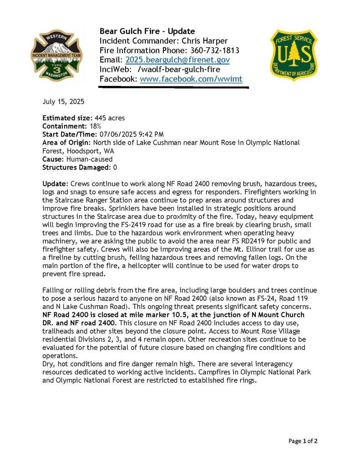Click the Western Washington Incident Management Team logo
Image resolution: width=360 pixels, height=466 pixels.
click(x=57, y=56)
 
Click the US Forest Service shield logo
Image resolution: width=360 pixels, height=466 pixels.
click(x=294, y=55)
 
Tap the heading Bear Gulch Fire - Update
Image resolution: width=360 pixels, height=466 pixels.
click(x=147, y=31)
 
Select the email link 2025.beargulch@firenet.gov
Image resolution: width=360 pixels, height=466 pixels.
click(x=177, y=60)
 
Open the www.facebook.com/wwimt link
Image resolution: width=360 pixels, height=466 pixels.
click(x=191, y=79)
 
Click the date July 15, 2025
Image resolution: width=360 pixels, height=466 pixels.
click(x=63, y=101)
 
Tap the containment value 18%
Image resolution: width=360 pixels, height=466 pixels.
click(x=95, y=126)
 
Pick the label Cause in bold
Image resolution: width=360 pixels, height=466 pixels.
click(x=53, y=159)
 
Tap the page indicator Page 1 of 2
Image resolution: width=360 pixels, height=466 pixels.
click(x=303, y=441)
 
